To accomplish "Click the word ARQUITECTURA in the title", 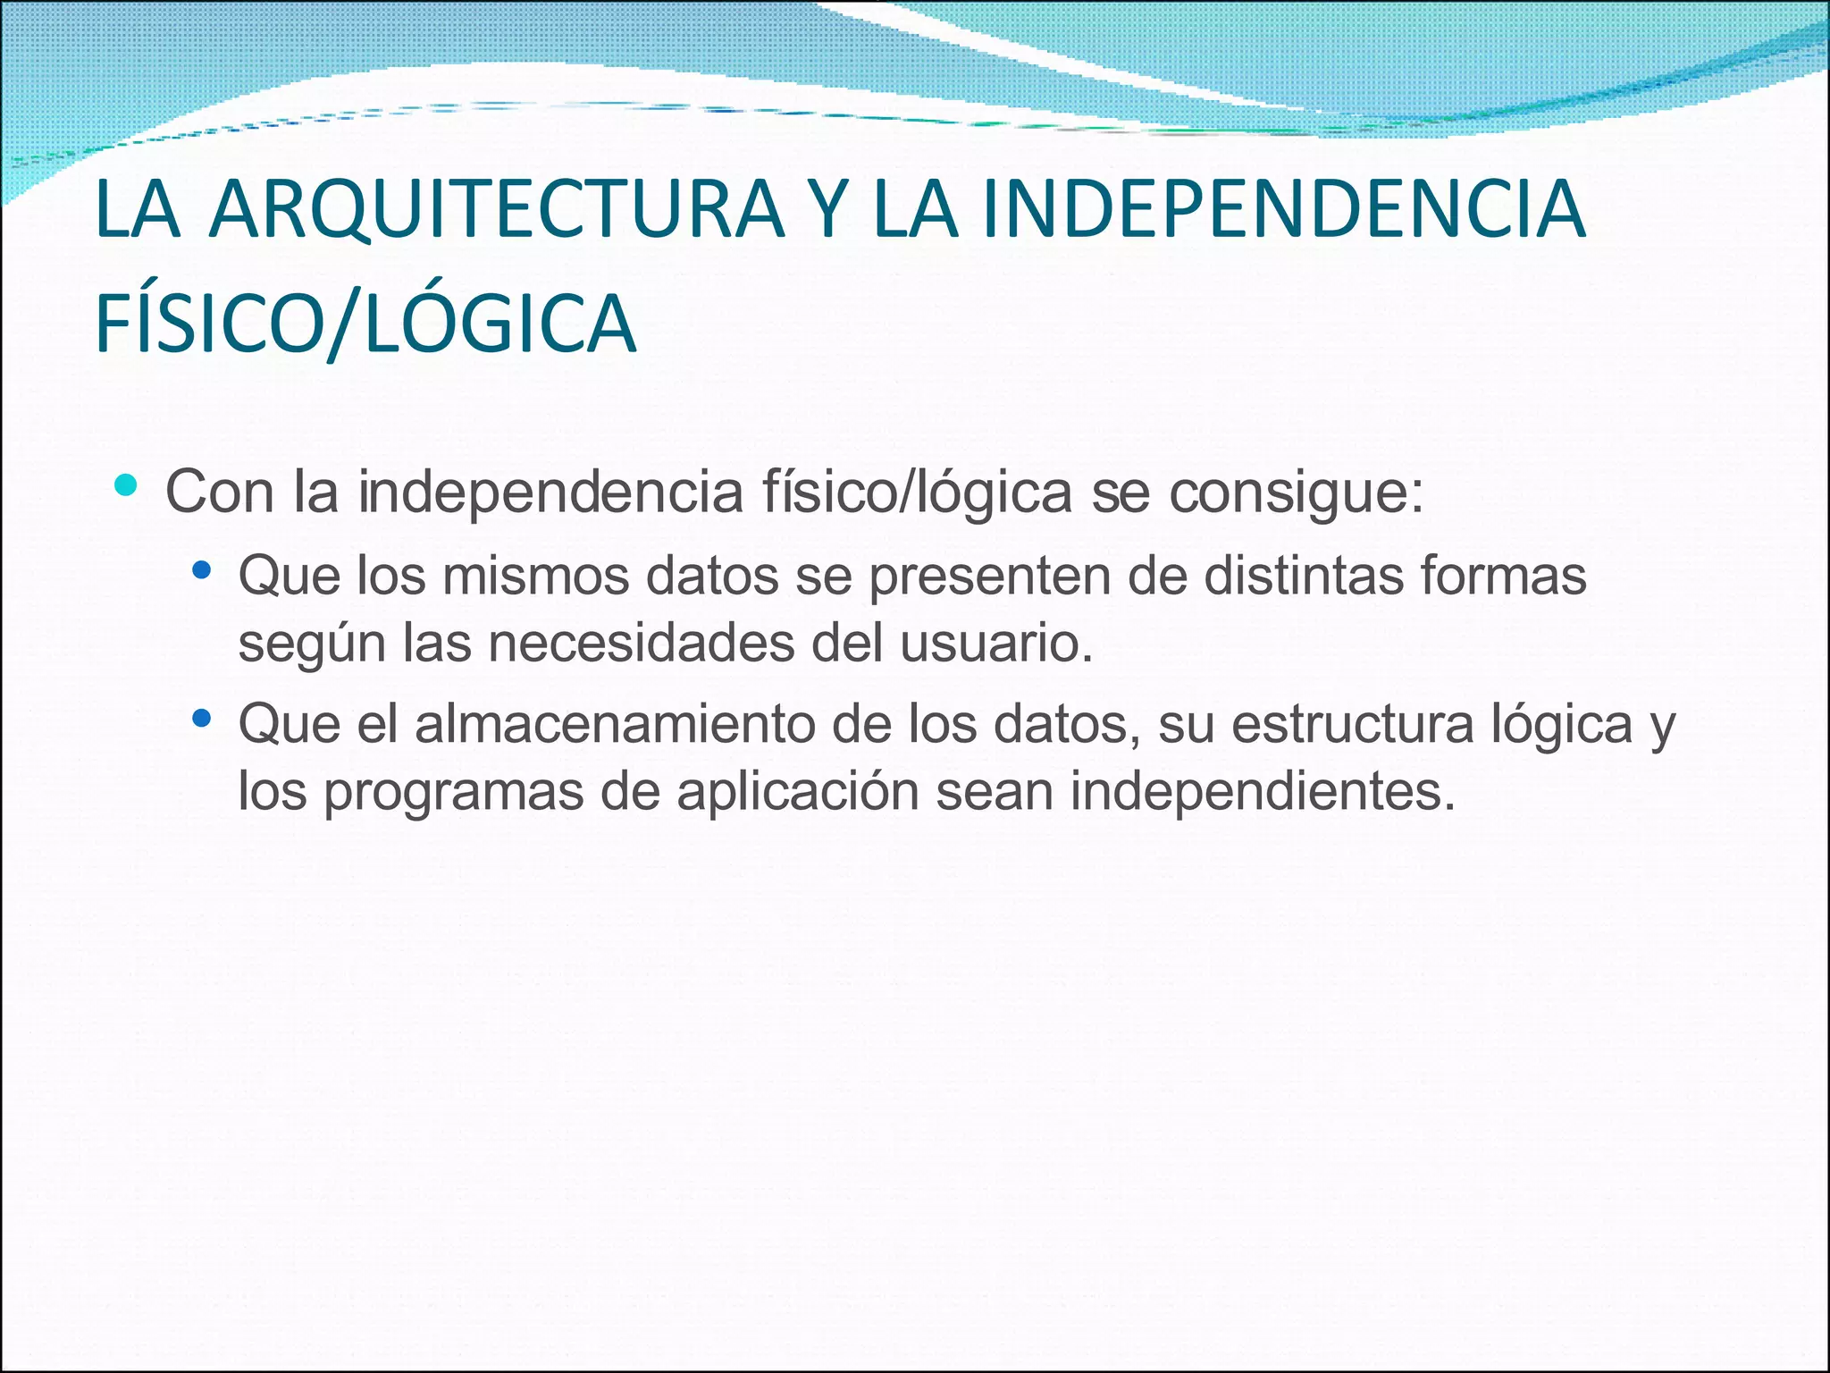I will (496, 210).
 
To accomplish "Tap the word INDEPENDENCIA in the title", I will (1283, 210).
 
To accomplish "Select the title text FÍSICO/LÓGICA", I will (365, 324).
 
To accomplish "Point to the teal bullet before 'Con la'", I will (126, 485).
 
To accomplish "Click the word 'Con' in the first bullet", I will (220, 492).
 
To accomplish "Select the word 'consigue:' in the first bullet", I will (1296, 493).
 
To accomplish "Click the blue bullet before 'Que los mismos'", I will (202, 569).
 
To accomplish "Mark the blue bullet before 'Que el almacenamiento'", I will (202, 717).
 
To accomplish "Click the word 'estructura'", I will (1352, 724).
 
